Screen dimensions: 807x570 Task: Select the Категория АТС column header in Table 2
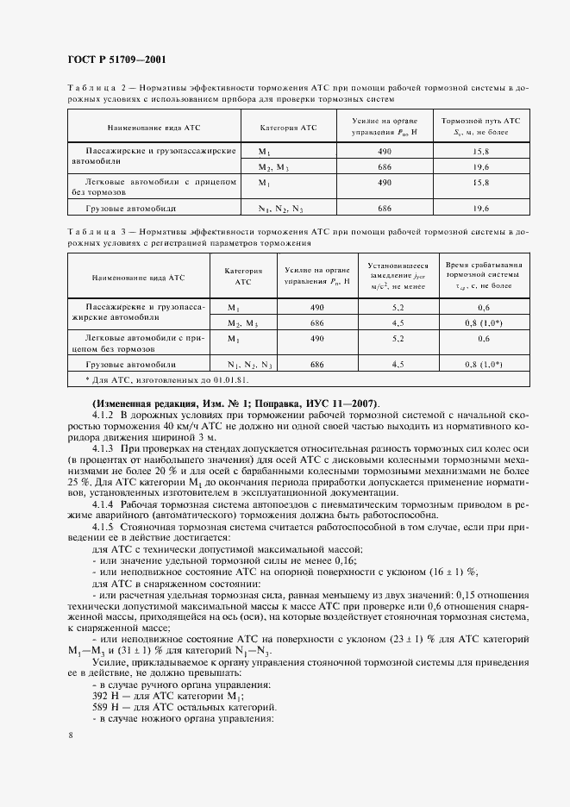[288, 128]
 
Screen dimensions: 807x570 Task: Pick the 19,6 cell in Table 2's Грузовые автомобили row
[480, 209]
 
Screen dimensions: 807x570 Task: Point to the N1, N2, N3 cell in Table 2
[281, 209]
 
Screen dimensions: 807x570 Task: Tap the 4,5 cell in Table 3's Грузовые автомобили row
[398, 365]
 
